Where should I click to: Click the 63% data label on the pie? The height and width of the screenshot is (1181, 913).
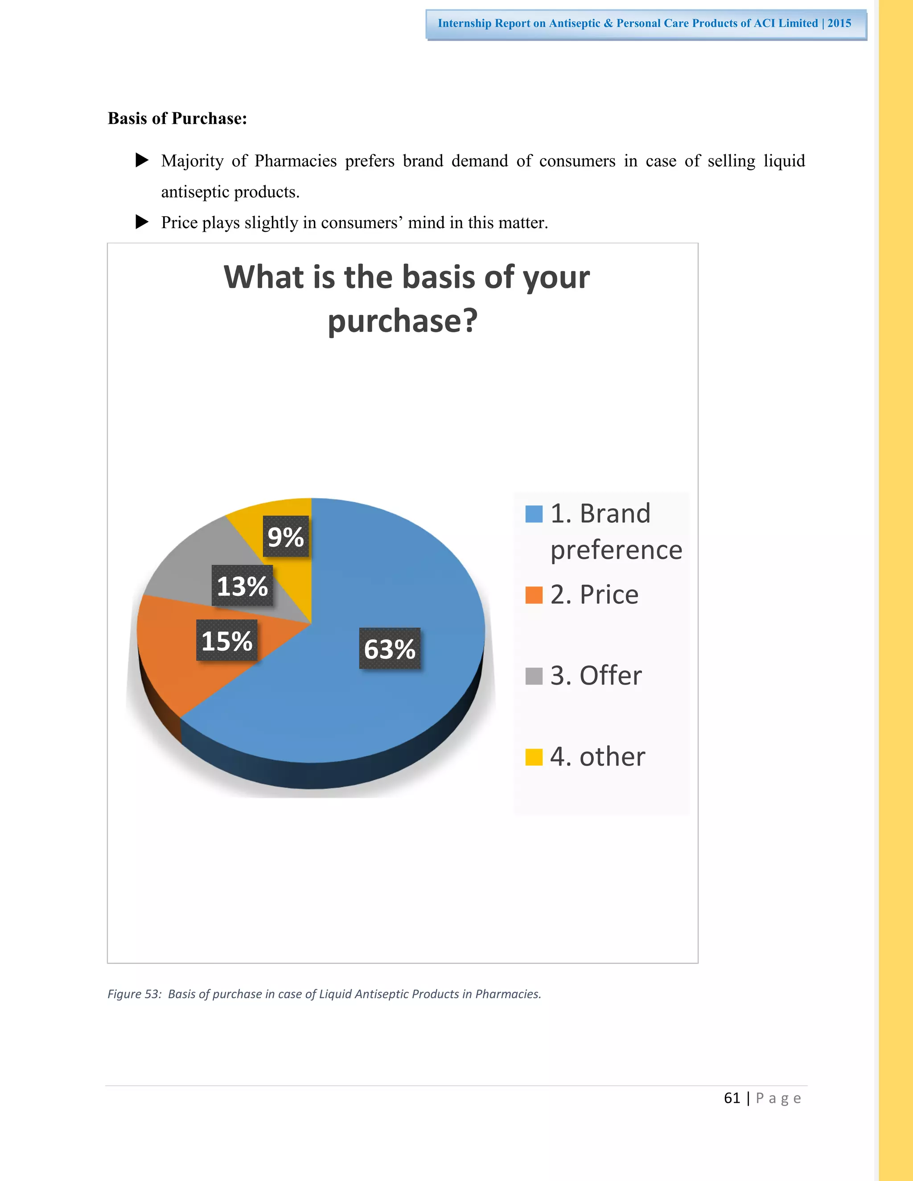coord(390,648)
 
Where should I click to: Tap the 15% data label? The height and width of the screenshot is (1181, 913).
coord(226,641)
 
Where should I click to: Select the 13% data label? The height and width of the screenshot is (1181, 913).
coord(243,586)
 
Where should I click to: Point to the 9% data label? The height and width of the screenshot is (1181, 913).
coord(286,537)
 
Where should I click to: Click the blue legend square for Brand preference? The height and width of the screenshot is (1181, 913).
coord(534,514)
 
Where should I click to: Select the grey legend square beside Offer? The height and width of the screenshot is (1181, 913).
coord(534,676)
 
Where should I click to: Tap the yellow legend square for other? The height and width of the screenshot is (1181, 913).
coord(534,757)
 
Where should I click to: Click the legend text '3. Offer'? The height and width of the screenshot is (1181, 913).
coord(596,676)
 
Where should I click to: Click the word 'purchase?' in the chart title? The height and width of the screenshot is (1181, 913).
coord(403,321)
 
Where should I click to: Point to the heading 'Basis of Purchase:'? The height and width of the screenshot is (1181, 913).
coord(177,119)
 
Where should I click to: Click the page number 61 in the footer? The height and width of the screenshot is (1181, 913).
coord(732,1098)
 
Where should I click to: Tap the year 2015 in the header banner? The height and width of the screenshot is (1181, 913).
coord(839,23)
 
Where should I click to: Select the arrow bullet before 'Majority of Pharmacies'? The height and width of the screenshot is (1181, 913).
coord(142,160)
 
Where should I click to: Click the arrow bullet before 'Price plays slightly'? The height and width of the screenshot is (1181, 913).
coord(142,221)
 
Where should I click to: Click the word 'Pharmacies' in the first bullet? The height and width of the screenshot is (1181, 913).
coord(295,161)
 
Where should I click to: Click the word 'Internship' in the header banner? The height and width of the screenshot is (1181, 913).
coord(464,23)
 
